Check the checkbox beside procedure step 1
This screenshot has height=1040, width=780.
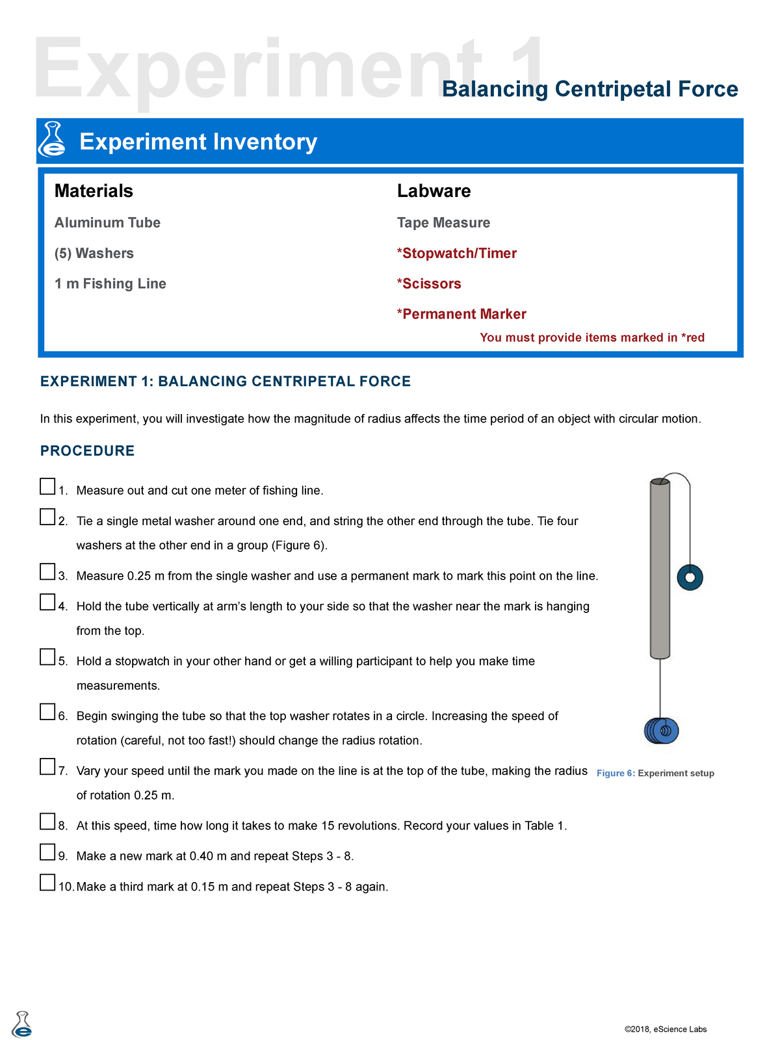(x=47, y=486)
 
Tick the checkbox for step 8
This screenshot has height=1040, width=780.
(x=47, y=822)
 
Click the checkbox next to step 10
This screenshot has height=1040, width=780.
(x=47, y=883)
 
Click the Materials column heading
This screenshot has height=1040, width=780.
(x=94, y=191)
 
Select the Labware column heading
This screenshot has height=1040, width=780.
(x=434, y=191)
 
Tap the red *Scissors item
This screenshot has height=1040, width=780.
(x=429, y=284)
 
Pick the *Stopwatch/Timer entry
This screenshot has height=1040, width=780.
(x=457, y=253)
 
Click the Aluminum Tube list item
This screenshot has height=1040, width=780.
(x=107, y=223)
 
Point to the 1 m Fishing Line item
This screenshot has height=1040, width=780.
(x=110, y=284)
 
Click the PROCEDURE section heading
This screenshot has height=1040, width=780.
(x=87, y=451)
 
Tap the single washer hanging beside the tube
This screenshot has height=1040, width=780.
(x=690, y=577)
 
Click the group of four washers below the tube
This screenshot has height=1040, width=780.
(x=661, y=731)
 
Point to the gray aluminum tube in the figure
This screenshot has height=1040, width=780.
(x=660, y=569)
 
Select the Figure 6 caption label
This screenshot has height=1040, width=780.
(x=655, y=773)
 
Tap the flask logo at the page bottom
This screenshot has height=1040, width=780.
(x=22, y=1025)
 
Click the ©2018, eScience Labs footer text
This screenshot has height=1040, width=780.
(x=665, y=1030)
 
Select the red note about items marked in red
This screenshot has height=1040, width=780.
(x=591, y=338)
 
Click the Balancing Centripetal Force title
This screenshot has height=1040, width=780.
(x=590, y=89)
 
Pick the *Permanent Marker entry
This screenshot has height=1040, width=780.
(x=461, y=315)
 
